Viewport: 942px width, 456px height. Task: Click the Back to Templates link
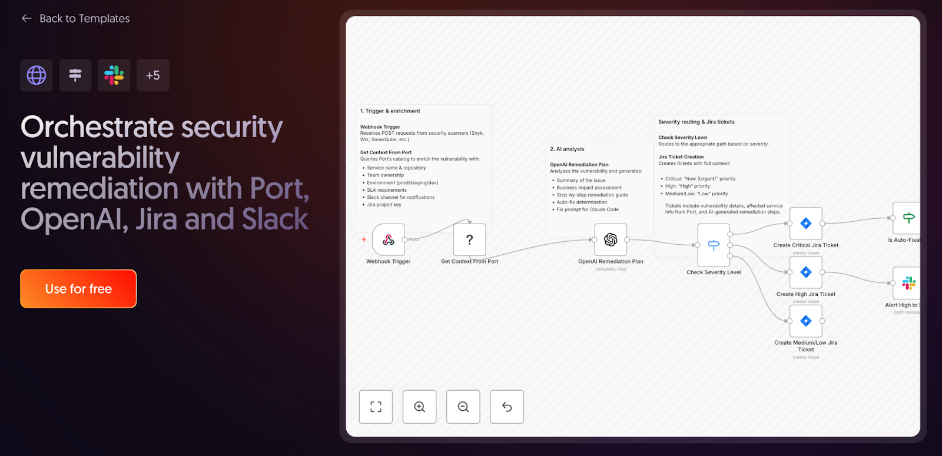(76, 19)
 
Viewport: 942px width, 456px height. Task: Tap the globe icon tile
(37, 75)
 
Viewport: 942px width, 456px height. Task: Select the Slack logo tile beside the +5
(114, 75)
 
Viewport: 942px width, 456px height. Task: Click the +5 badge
(153, 75)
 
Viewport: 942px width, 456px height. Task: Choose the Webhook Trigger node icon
(389, 239)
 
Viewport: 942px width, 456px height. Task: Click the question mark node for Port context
(469, 239)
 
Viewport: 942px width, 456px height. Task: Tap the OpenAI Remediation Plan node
(611, 239)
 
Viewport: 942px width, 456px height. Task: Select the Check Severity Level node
(714, 245)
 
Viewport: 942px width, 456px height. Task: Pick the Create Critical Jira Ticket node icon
(806, 224)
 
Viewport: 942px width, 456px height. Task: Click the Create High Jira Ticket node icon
(806, 272)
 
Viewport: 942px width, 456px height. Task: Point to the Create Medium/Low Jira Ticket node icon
(806, 321)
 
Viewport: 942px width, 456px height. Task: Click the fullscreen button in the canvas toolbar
(376, 407)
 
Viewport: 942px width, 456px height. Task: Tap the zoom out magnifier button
(463, 407)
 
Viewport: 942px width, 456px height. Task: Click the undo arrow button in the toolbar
(507, 407)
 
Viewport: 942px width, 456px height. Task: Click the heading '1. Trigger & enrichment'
(390, 111)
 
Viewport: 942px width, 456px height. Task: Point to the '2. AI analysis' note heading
(567, 149)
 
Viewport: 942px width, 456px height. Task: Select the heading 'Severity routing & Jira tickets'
(696, 122)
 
